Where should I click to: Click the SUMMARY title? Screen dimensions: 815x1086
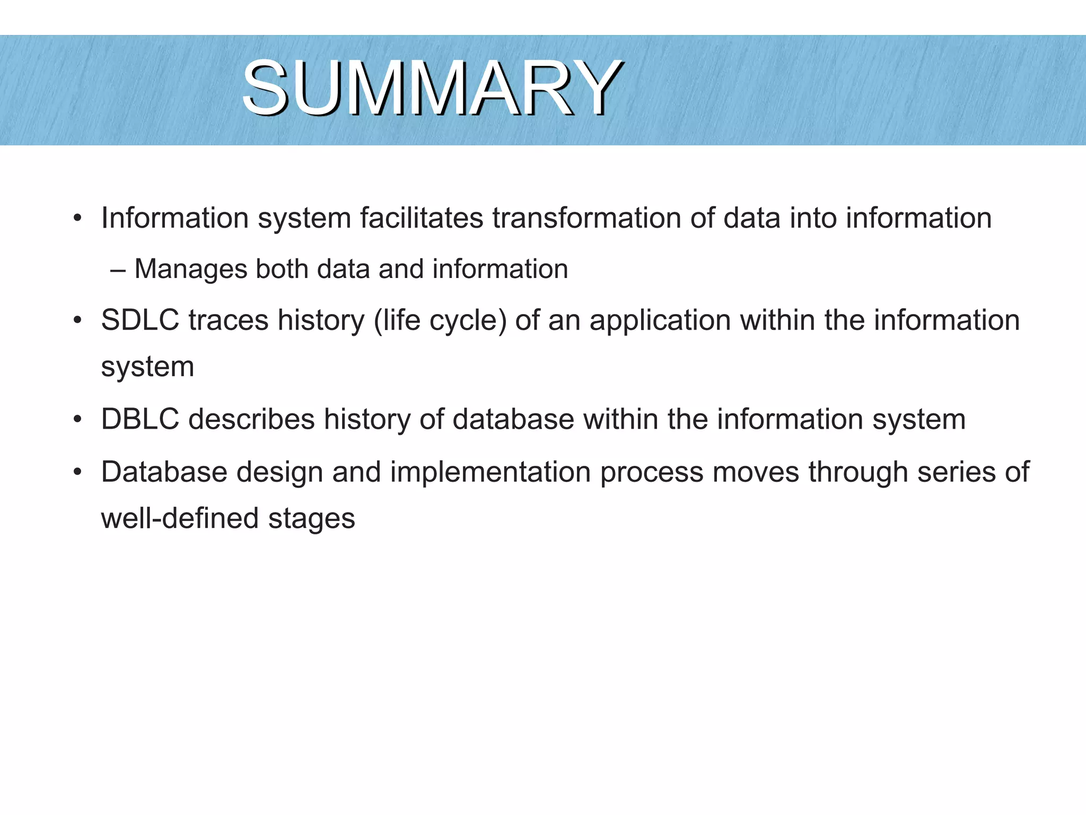pyautogui.click(x=432, y=88)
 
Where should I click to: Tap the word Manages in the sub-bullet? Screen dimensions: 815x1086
pyautogui.click(x=191, y=269)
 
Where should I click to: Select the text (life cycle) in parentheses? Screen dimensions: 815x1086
pyautogui.click(x=440, y=320)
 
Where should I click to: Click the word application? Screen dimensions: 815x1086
pyautogui.click(x=660, y=320)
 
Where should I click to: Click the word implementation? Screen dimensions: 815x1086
pyautogui.click(x=490, y=472)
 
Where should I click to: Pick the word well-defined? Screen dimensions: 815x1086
pyautogui.click(x=180, y=518)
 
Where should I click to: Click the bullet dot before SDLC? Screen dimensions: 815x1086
pyautogui.click(x=78, y=321)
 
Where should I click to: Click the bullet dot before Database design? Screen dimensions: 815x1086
pyautogui.click(x=78, y=472)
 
